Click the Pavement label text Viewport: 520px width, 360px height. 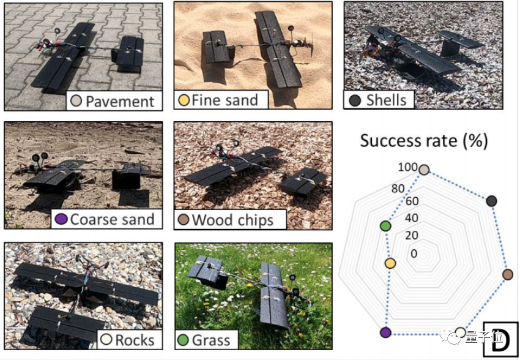coord(120,101)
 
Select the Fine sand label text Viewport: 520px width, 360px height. coord(225,100)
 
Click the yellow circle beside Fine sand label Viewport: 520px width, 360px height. coord(183,100)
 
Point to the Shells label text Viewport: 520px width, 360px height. coord(387,99)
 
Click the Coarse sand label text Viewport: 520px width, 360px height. coord(113,219)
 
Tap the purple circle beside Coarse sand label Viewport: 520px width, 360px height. coord(61,219)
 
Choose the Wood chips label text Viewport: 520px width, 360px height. coord(233,220)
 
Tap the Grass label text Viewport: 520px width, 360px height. coord(210,340)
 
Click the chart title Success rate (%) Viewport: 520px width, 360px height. coord(423,141)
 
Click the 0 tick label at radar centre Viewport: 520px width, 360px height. coord(415,253)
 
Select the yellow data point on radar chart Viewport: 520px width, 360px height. coord(390,263)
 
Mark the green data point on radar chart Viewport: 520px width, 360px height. coord(385,227)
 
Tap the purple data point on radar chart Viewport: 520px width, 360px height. coord(385,332)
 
